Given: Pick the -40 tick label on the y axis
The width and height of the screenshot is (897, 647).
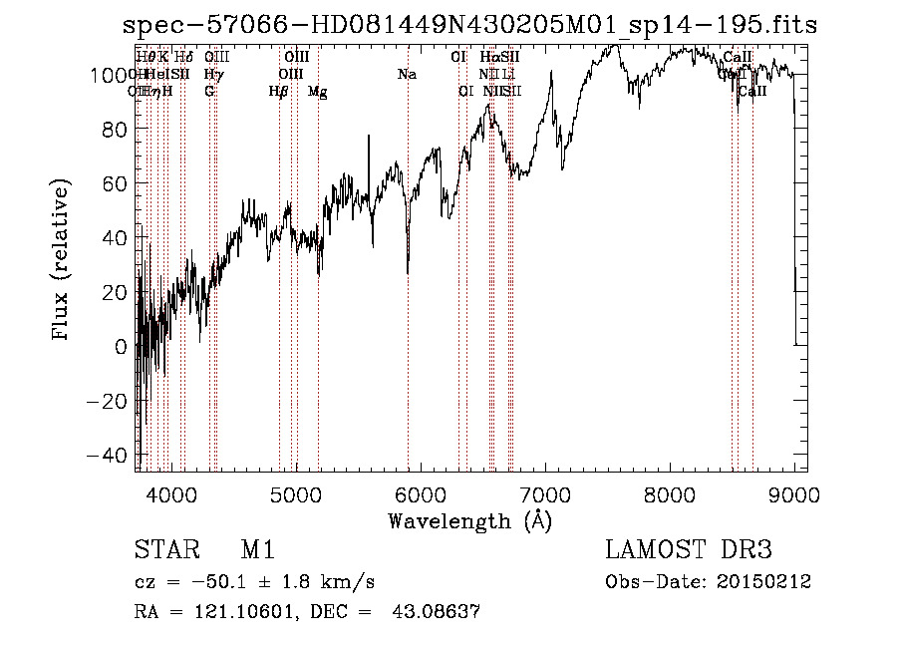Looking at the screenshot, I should point(105,456).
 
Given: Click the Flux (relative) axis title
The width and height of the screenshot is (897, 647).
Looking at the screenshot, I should point(62,261).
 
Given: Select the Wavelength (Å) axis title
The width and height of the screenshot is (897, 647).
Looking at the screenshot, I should point(469,520).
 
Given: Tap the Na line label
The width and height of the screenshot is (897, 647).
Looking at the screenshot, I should point(407,75).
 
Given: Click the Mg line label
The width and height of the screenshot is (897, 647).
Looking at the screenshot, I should point(318,92).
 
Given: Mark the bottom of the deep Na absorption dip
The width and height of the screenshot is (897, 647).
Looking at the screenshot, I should point(408,272).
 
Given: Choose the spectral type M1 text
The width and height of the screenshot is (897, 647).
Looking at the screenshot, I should point(257,551).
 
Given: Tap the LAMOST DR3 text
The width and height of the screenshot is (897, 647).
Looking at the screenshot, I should point(689,551).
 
